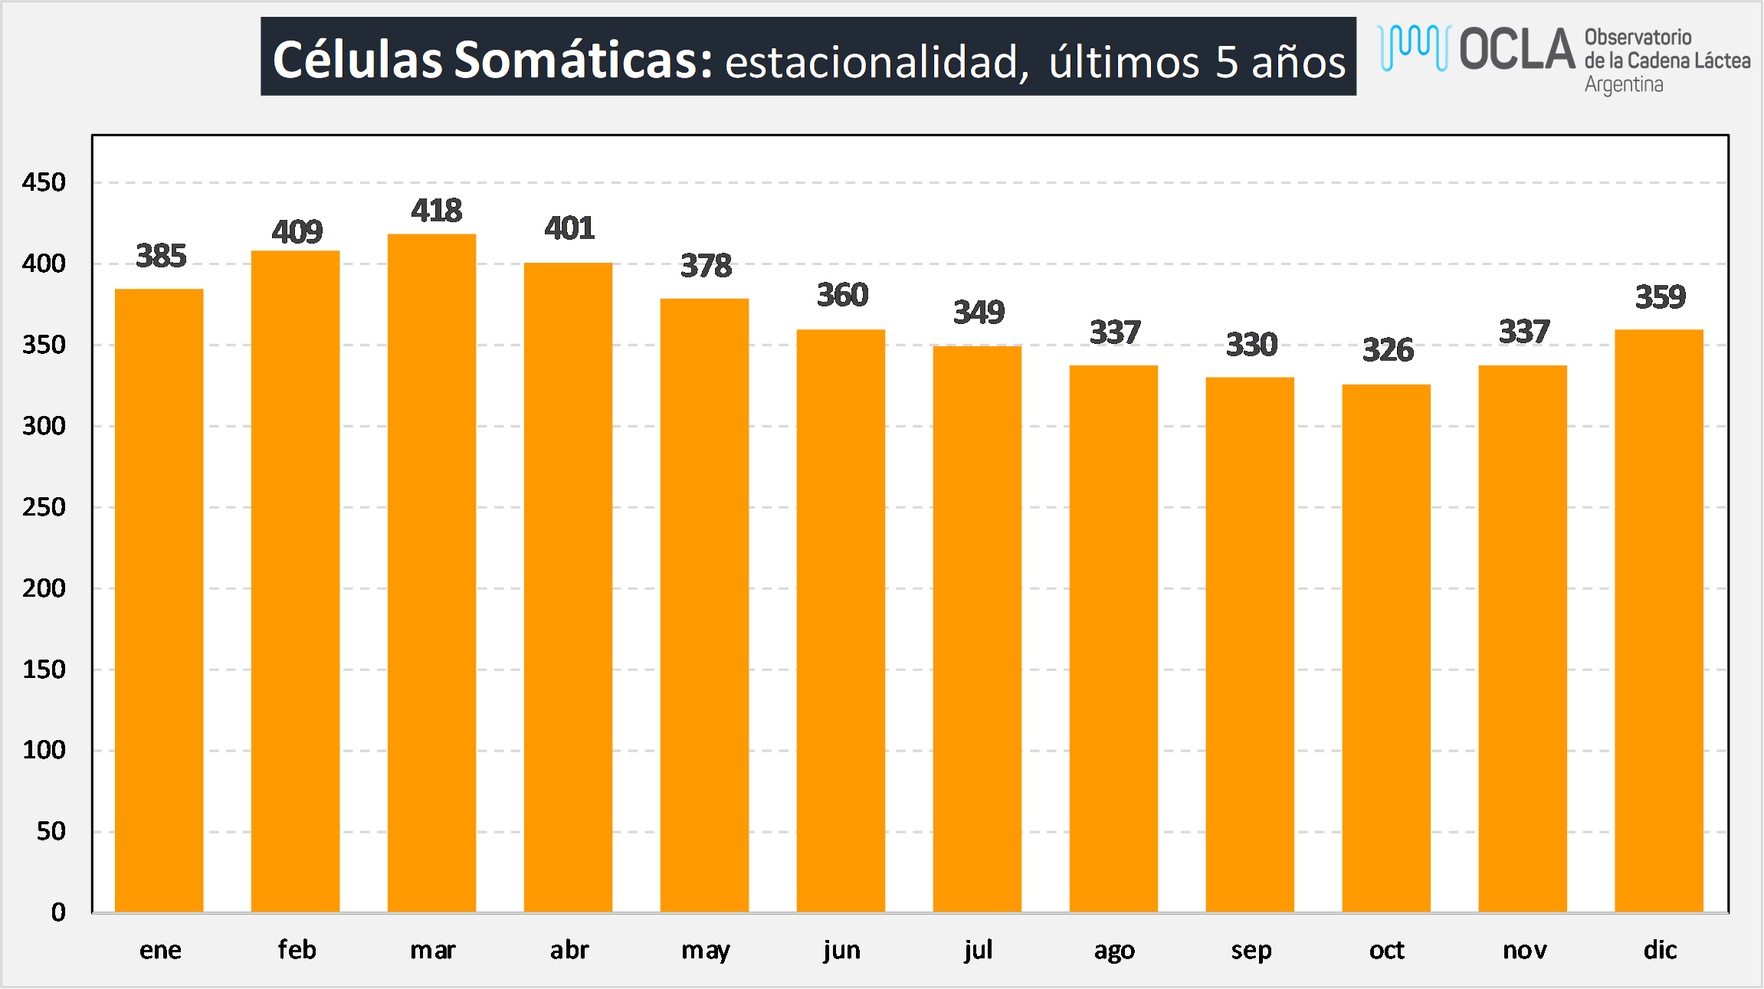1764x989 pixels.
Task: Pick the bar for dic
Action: click(1659, 621)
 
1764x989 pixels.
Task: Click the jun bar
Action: click(841, 621)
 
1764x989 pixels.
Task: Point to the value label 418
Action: click(436, 211)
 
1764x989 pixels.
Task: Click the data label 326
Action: click(1388, 350)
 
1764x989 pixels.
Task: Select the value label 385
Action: click(161, 256)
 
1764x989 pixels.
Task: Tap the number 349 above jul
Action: click(979, 313)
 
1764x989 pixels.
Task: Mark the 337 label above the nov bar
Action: click(1524, 332)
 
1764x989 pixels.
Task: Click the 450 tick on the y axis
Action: click(44, 182)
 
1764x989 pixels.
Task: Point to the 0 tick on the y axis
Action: click(58, 912)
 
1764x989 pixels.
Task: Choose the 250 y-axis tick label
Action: click(44, 507)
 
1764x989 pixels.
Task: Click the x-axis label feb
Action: click(297, 950)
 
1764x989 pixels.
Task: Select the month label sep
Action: click(1251, 951)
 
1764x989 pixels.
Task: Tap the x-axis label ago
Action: click(1114, 951)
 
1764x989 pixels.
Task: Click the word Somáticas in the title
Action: click(583, 59)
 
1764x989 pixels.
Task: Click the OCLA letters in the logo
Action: click(1516, 49)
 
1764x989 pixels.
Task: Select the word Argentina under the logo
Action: click(1624, 84)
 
